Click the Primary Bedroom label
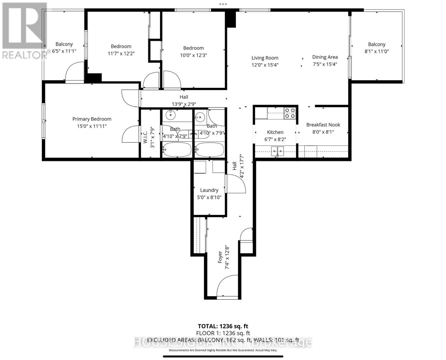click(92, 119)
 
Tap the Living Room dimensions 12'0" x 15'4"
click(265, 65)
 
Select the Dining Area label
click(325, 57)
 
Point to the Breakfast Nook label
click(323, 125)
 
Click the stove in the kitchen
click(290, 113)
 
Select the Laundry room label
click(209, 190)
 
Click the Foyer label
click(220, 257)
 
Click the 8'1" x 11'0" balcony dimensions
click(377, 51)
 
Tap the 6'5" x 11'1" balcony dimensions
click(64, 51)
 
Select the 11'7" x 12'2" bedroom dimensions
click(121, 53)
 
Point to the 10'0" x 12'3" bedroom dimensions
click(193, 55)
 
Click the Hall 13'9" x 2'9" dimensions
click(184, 104)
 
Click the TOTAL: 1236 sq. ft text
click(223, 326)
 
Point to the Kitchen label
click(275, 132)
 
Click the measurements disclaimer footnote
click(223, 350)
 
